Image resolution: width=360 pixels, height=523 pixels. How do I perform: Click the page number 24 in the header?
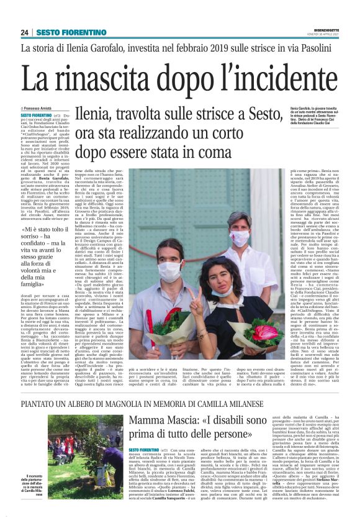[x=25, y=32]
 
